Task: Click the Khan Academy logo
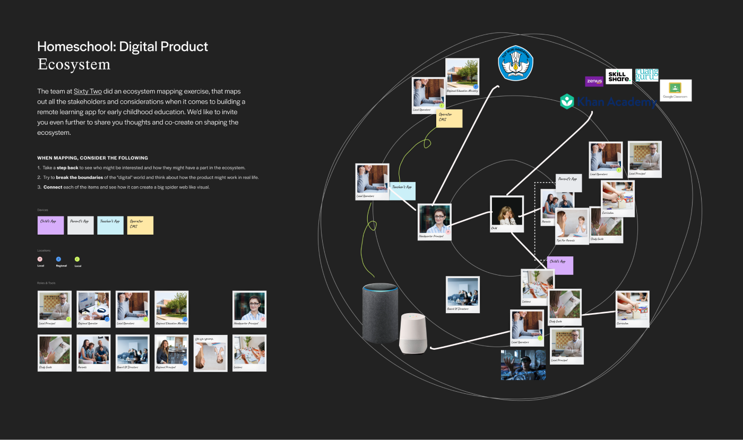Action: [x=607, y=102]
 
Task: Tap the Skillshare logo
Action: [x=619, y=76]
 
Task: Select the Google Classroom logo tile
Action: [x=675, y=90]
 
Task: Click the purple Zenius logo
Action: [x=594, y=81]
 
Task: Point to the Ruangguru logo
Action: [x=646, y=75]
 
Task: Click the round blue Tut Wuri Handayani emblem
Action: [x=515, y=63]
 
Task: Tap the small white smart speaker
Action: [x=413, y=334]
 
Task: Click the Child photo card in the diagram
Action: [x=506, y=214]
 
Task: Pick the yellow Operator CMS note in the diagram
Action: [x=449, y=118]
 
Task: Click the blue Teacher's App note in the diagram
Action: [x=402, y=191]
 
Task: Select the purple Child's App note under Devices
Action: [x=50, y=225]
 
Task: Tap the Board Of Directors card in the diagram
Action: [x=463, y=295]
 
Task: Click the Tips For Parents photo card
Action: [x=572, y=226]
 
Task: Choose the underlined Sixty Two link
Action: [x=88, y=91]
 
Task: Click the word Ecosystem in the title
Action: [x=74, y=65]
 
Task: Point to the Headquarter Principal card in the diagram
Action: [x=434, y=222]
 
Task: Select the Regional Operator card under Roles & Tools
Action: [x=93, y=309]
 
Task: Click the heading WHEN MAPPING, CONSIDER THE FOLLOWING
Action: [x=92, y=158]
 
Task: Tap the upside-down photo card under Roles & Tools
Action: [x=210, y=353]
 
